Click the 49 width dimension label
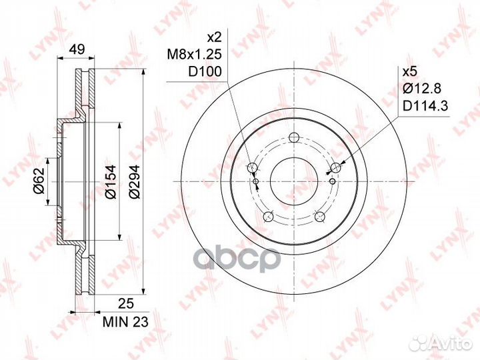(x=77, y=49)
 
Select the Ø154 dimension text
(x=110, y=181)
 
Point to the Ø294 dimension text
(x=134, y=182)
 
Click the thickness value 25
(x=126, y=304)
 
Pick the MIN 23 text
(x=125, y=322)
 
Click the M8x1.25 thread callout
(x=194, y=55)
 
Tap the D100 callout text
(x=205, y=71)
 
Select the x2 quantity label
(x=214, y=37)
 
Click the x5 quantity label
(x=410, y=72)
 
